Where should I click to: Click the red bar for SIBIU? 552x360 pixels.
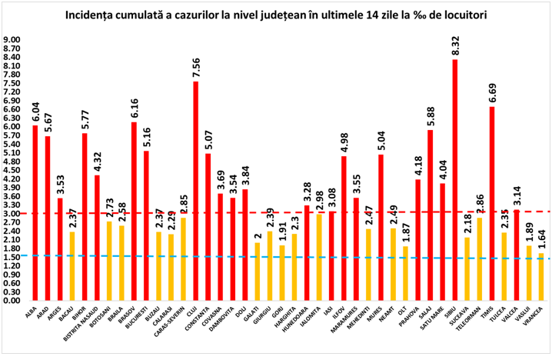pos(454,179)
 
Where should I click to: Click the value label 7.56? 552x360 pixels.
pos(195,68)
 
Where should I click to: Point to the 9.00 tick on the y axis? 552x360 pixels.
pos(13,40)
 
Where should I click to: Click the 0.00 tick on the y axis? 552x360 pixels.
pos(13,301)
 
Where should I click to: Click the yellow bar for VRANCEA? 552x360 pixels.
pos(540,277)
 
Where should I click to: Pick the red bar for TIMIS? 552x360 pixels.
pos(491,204)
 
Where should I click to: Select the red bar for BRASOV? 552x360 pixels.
pos(134,212)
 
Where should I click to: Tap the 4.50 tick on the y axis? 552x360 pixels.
pos(13,170)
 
